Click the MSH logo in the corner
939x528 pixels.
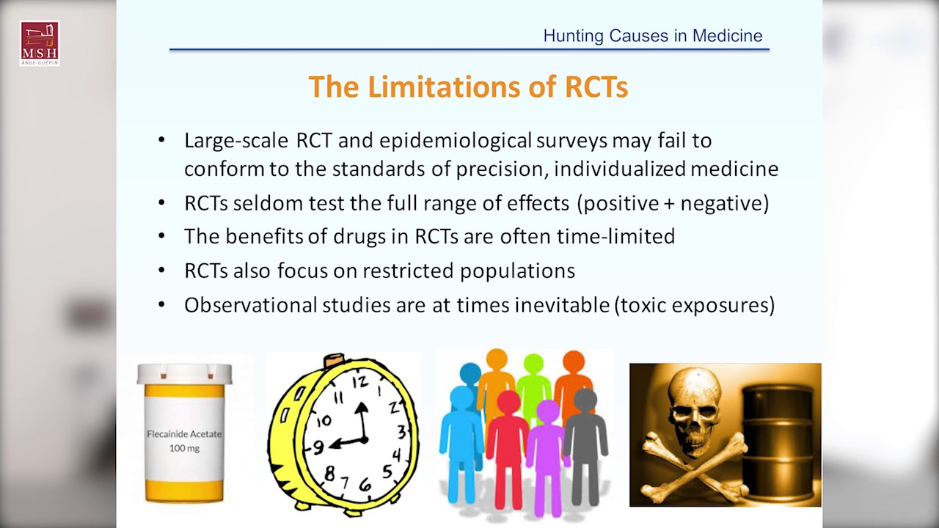[40, 43]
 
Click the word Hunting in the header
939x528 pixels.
[574, 36]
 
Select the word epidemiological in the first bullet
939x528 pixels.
[456, 140]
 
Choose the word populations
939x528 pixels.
[517, 271]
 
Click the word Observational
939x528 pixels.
[251, 304]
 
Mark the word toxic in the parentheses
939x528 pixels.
[643, 305]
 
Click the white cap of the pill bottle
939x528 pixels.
[184, 374]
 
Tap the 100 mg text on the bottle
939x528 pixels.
[184, 448]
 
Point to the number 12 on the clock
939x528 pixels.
[360, 381]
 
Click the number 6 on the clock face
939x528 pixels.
[365, 485]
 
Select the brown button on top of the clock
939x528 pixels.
[334, 360]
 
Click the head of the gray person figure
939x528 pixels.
[585, 400]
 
